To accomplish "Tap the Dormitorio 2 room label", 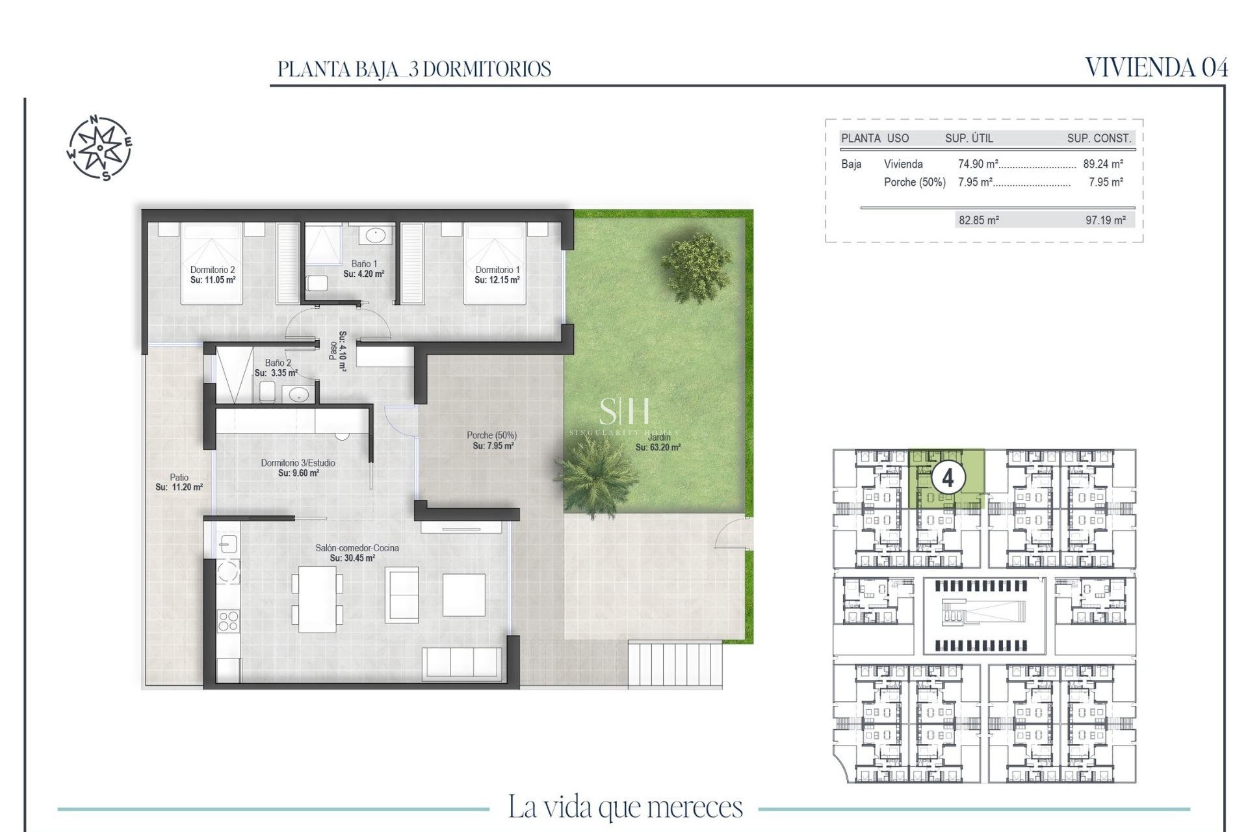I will click(x=212, y=270).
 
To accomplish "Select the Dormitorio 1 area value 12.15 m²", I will click(x=497, y=280).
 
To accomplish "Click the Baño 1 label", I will click(x=364, y=264).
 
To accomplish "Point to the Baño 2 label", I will click(x=278, y=363).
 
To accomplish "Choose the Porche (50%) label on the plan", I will click(x=491, y=435).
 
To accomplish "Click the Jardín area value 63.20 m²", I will click(x=658, y=447).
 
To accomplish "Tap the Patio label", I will click(x=179, y=477).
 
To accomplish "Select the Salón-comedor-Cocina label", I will click(x=357, y=548).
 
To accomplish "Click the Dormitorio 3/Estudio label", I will click(x=298, y=463).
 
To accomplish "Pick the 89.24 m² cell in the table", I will click(x=1103, y=164).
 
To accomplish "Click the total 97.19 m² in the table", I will click(x=1105, y=220).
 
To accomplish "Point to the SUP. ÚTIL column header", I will click(x=968, y=138).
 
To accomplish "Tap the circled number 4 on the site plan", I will click(x=947, y=478).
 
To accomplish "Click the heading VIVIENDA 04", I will click(x=1156, y=68).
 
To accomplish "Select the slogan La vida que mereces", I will click(x=625, y=807).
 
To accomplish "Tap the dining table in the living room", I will click(x=317, y=599).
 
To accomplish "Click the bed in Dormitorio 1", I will click(x=494, y=263).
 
